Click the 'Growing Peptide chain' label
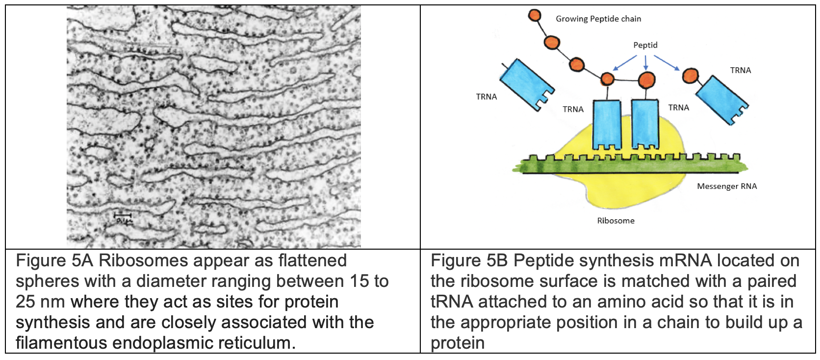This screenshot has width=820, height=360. click(598, 19)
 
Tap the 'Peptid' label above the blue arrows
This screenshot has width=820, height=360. click(645, 45)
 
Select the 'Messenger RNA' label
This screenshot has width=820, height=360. click(726, 186)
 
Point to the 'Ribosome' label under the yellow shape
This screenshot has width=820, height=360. click(615, 221)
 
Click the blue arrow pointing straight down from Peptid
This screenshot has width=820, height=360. click(645, 63)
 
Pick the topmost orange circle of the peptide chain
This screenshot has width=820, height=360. click(535, 15)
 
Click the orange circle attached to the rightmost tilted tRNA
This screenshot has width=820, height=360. click(691, 76)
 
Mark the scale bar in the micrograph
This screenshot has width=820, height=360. click(123, 215)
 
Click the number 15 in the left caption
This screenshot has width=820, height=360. click(359, 282)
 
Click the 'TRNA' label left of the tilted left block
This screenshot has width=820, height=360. click(486, 97)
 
